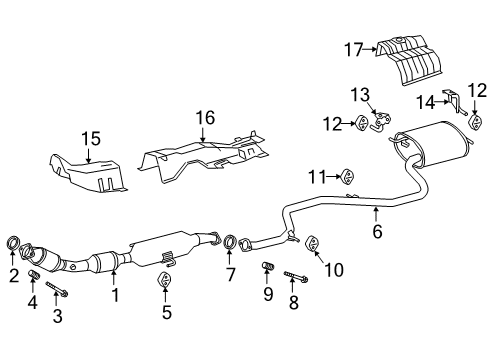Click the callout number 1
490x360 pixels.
114,294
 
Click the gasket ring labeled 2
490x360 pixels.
14,242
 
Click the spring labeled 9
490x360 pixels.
267,267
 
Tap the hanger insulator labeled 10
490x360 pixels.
311,243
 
